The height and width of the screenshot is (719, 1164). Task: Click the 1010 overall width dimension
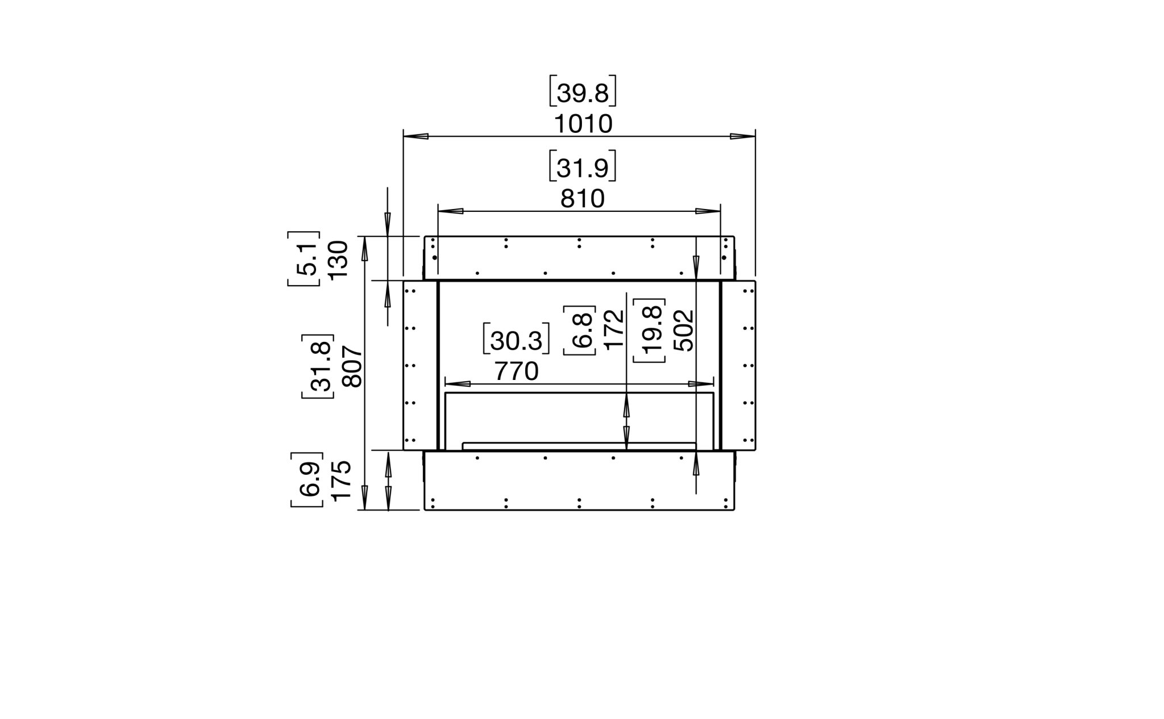click(x=583, y=124)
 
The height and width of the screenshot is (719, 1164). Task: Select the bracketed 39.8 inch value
click(x=583, y=93)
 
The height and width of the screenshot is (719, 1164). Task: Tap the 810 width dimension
click(x=583, y=199)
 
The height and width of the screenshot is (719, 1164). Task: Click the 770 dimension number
click(x=516, y=371)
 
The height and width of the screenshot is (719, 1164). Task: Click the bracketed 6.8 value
click(x=580, y=330)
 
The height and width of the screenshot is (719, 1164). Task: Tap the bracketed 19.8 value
click(x=649, y=330)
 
